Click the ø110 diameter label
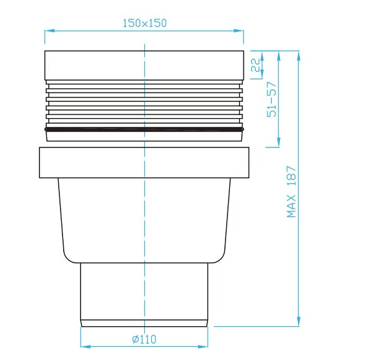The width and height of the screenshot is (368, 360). [144, 339]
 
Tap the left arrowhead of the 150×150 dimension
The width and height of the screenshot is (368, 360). [47, 31]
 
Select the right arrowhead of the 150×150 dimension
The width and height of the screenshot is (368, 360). [241, 31]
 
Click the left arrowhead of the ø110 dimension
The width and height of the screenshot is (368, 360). [84, 347]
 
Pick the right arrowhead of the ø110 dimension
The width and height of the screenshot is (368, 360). [205, 347]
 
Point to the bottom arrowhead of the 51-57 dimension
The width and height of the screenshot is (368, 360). [278, 144]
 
